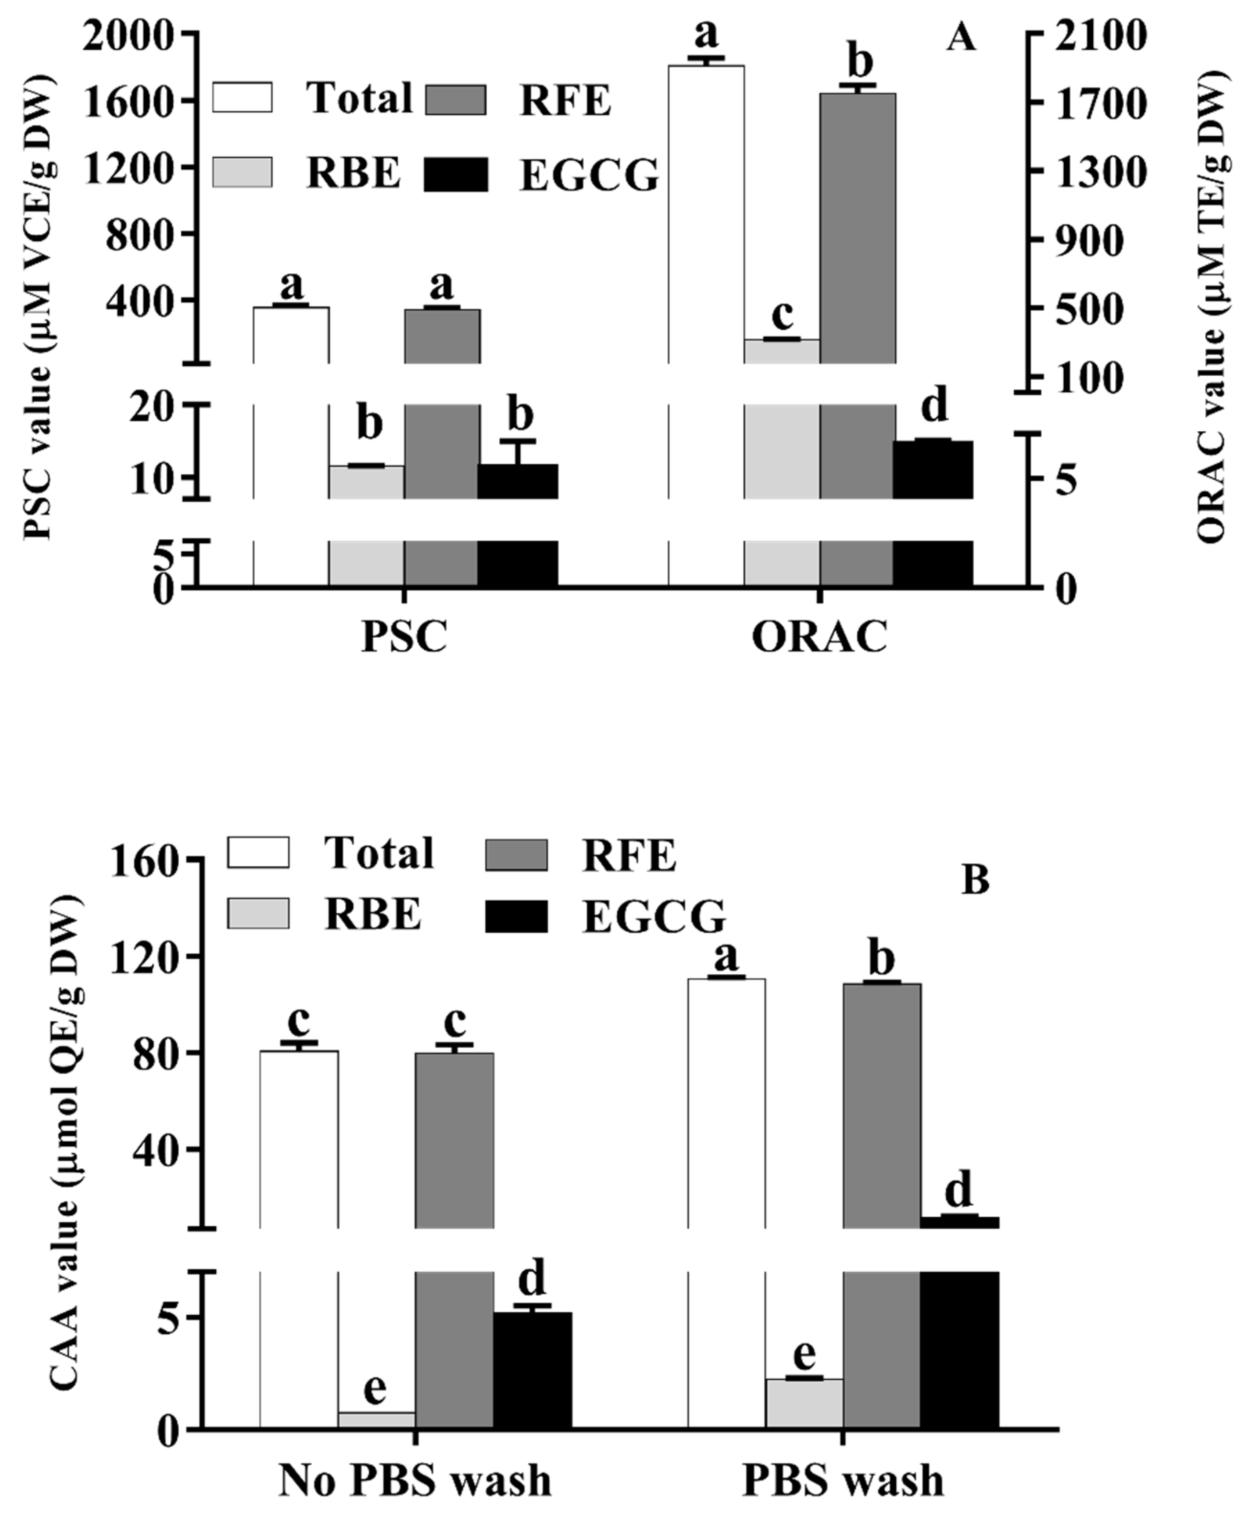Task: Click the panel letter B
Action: [974, 880]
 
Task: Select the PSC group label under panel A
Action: [404, 636]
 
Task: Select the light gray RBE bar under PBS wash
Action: [804, 1402]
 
